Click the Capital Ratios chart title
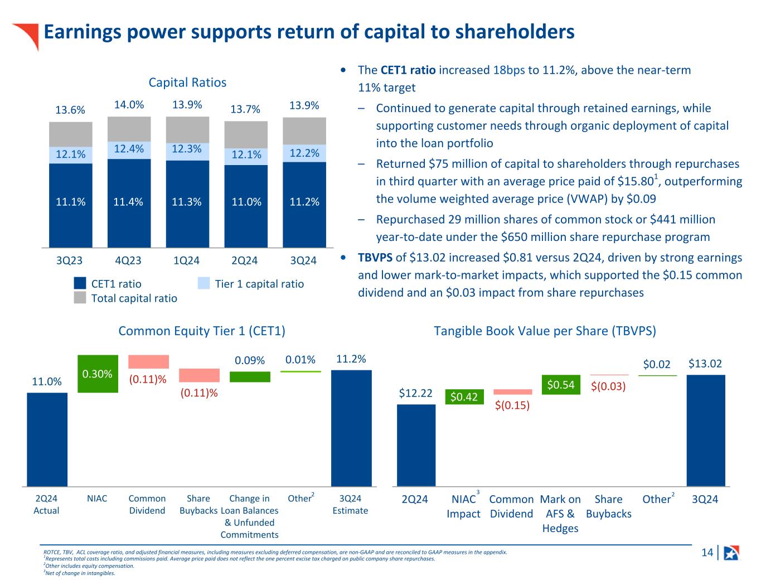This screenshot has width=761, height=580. coord(187,83)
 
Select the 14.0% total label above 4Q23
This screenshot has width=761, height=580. coord(129,105)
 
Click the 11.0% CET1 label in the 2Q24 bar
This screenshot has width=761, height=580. coord(246,202)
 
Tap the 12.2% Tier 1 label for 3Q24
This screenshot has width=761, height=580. coord(304,153)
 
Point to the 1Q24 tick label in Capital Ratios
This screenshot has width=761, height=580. coord(187,260)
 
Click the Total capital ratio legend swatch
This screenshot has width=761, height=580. coord(80,298)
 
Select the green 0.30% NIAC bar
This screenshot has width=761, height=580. coord(98,374)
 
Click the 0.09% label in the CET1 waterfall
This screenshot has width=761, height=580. coord(250,361)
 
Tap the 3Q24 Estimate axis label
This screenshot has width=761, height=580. coord(350,505)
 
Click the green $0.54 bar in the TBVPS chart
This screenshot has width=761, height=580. coord(560,385)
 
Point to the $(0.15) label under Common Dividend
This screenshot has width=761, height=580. coord(512,405)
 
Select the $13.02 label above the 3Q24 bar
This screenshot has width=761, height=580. coord(705,364)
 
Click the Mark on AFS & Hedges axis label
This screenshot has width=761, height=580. coord(560,514)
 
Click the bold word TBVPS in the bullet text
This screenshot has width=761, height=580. coord(375,258)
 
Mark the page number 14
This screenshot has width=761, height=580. coord(707,553)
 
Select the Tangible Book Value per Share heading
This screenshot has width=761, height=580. coord(545,331)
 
